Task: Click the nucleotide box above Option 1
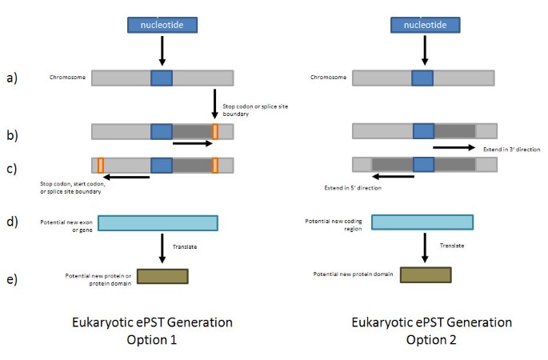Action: pyautogui.click(x=162, y=25)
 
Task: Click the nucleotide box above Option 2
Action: pyautogui.click(x=424, y=25)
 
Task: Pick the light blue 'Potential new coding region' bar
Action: pyautogui.click(x=422, y=223)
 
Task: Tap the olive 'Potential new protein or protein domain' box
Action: pyautogui.click(x=162, y=276)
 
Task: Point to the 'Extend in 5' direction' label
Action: pyautogui.click(x=352, y=188)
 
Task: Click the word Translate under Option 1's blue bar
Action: pyautogui.click(x=185, y=246)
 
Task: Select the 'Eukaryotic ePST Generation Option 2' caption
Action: pyautogui.click(x=431, y=330)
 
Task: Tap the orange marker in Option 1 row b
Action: pyautogui.click(x=214, y=131)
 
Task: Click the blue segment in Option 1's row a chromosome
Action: pyautogui.click(x=162, y=78)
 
